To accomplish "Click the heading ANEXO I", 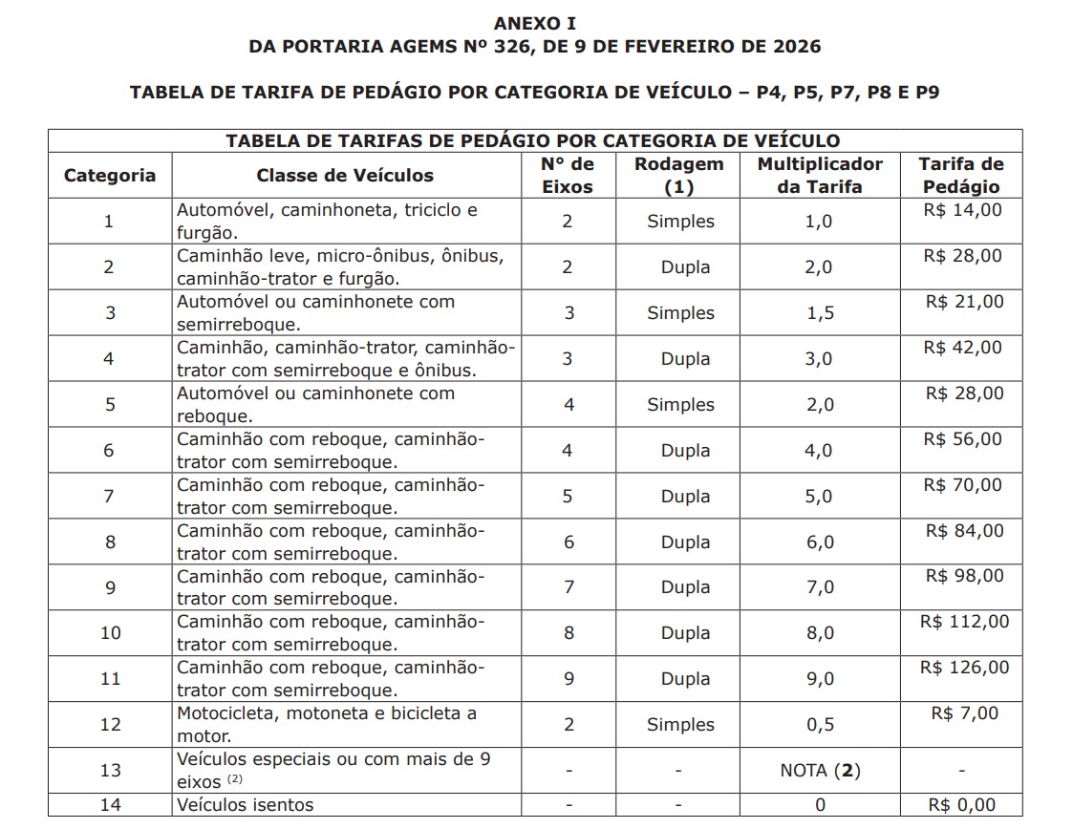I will (x=535, y=23).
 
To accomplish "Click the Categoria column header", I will (x=109, y=176).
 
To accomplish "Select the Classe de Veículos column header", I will (x=345, y=176).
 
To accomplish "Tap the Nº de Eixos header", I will (x=568, y=176).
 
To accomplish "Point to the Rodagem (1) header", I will (x=678, y=176).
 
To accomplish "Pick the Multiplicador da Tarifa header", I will (x=820, y=176).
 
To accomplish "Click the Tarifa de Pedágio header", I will (x=961, y=176).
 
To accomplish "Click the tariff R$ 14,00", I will (x=962, y=210).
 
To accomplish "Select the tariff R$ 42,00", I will (x=962, y=348).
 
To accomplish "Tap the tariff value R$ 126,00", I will (x=964, y=668).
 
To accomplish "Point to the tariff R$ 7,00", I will (x=964, y=713).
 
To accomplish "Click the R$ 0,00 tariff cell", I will (x=961, y=805).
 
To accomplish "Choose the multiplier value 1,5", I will (x=820, y=313).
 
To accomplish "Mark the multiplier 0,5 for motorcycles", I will (x=820, y=725).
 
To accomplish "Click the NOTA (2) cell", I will (x=820, y=770).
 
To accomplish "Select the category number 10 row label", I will (x=110, y=633).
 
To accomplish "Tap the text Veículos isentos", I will (x=245, y=805).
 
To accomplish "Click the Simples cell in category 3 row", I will (x=680, y=313).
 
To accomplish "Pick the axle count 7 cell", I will (x=569, y=587).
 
